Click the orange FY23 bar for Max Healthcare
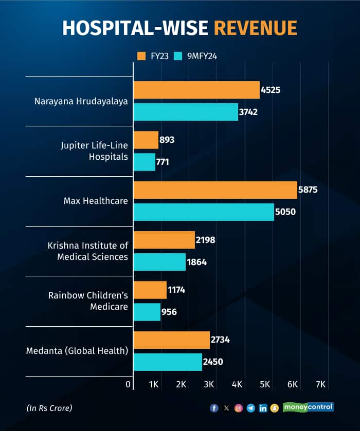coord(215,190)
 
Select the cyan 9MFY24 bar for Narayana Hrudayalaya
coord(186,111)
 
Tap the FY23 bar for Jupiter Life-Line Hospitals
coord(146,140)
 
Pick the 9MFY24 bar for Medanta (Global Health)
coord(168,362)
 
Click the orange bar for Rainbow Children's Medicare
coord(150,290)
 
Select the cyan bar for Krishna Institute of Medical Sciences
coord(159,262)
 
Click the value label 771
coord(164,162)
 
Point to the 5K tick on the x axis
coord(265,384)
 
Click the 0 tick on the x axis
coord(128,384)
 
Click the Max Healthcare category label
coord(96,201)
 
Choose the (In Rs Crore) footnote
coord(49,408)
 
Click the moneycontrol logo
coord(308,407)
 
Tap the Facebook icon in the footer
coord(214,408)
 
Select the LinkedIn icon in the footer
coord(263,408)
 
